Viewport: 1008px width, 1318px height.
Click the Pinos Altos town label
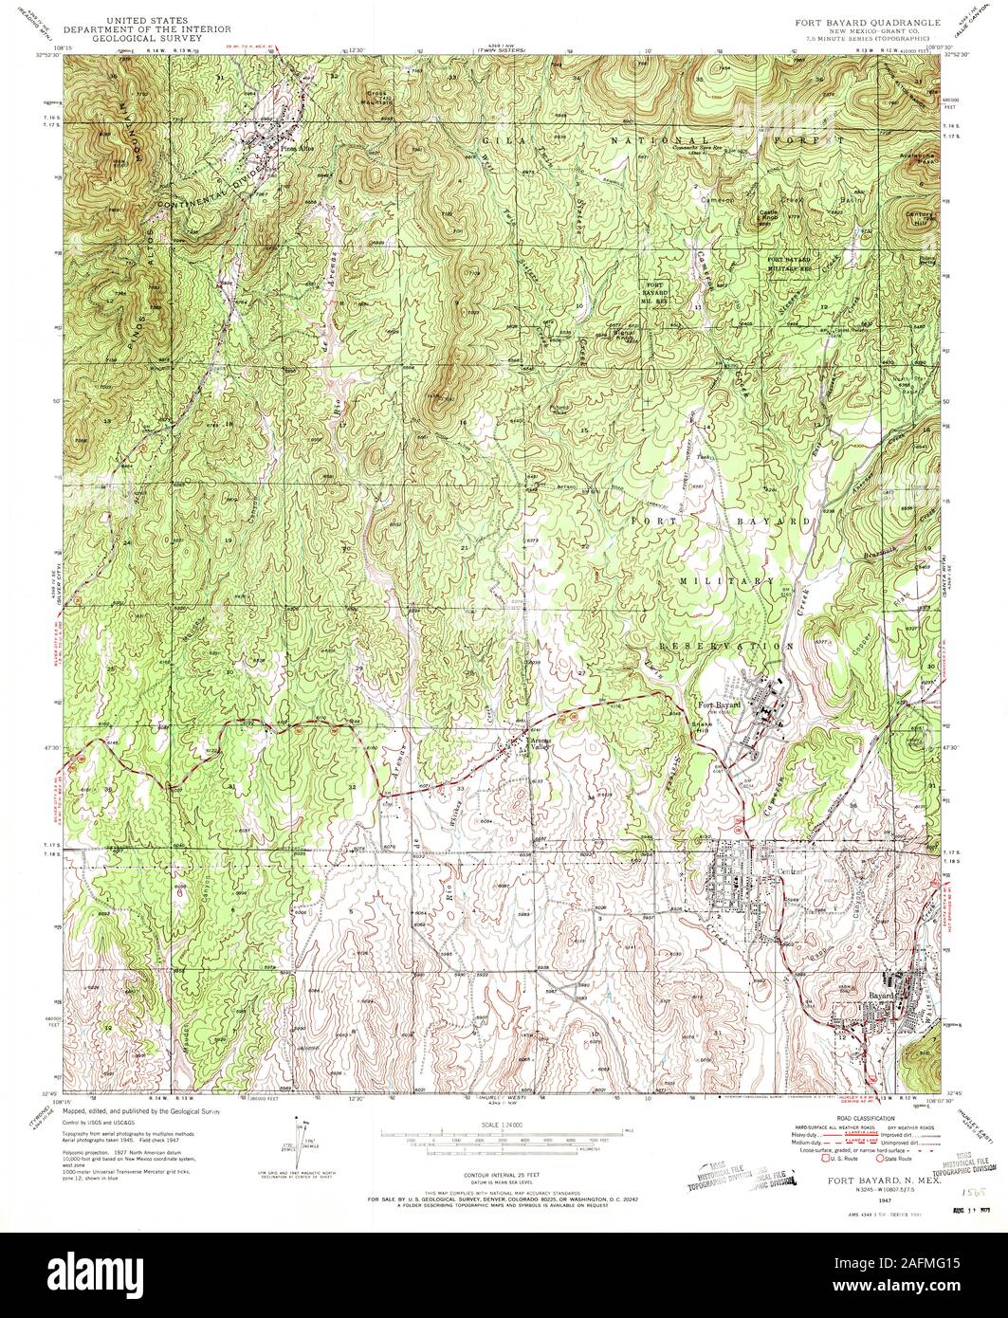[293, 148]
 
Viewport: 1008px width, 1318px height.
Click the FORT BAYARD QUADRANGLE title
[870, 20]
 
